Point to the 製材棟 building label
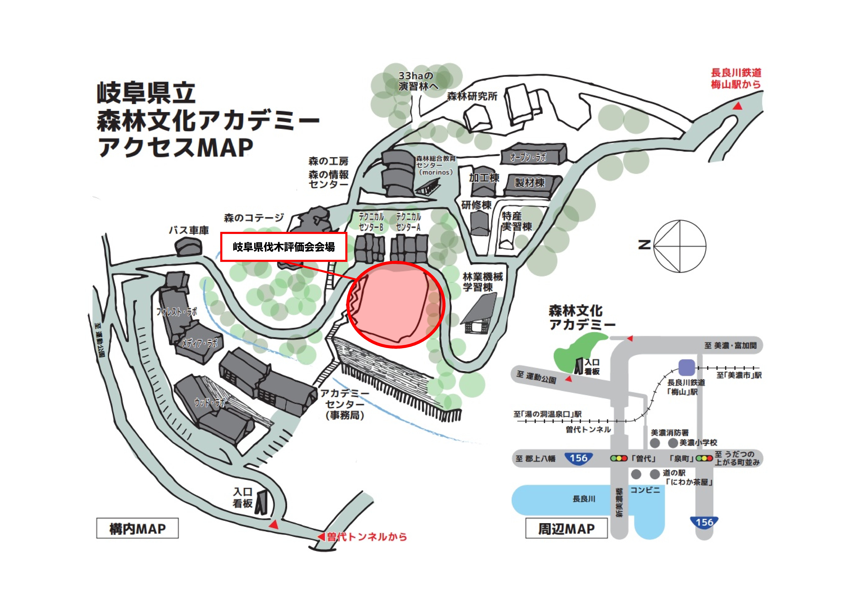point(530,183)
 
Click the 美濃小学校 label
point(698,443)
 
